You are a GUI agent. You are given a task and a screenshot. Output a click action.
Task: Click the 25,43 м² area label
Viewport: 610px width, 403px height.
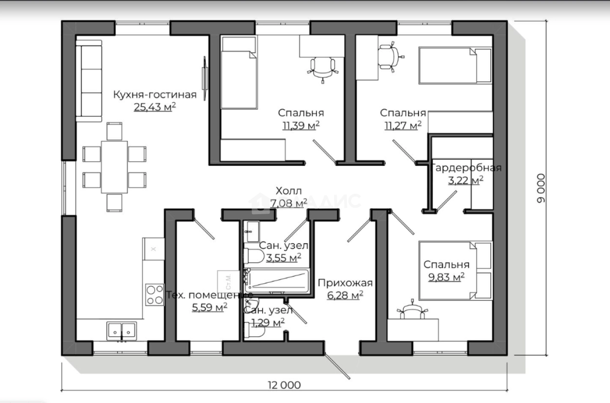point(155,107)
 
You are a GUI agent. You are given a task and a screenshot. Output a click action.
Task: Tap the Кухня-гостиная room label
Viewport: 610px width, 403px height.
point(155,95)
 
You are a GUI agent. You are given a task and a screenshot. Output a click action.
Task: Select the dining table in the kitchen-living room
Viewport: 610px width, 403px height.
point(114,167)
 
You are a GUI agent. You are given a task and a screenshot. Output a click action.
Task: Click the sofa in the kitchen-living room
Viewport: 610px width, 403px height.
point(89,81)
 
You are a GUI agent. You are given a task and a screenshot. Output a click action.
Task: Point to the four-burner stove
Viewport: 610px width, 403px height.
point(154,295)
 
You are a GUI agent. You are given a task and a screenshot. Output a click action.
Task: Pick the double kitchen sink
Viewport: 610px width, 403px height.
point(122,331)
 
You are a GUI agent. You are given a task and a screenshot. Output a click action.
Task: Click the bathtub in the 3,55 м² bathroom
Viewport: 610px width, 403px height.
point(277,281)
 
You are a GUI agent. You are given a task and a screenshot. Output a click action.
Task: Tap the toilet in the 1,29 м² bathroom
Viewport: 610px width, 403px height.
point(254,330)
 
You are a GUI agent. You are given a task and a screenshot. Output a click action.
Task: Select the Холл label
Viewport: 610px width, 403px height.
point(288,191)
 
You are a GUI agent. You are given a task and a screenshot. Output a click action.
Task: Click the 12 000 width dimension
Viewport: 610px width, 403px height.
point(284,385)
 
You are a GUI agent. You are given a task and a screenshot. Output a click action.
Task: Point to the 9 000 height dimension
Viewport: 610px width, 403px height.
point(541,188)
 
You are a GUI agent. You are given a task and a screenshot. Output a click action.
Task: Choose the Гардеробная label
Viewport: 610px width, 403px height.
point(466,168)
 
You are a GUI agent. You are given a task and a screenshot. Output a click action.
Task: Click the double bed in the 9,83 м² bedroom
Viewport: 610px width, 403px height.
point(455,270)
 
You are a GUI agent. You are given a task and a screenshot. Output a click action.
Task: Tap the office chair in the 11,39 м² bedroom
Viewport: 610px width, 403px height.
point(323,69)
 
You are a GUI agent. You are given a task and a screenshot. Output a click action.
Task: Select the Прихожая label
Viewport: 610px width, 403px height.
point(345,283)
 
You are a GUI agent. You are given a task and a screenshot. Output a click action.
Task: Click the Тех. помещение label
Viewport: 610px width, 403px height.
point(209,295)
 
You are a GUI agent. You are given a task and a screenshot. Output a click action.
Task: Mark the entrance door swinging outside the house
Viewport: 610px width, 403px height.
point(337,366)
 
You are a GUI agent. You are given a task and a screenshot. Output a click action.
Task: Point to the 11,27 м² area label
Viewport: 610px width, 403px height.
point(403,126)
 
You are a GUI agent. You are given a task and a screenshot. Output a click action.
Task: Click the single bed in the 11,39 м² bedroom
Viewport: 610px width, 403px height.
point(239,73)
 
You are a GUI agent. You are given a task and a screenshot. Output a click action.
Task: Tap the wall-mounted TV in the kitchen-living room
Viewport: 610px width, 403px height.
point(205,78)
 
